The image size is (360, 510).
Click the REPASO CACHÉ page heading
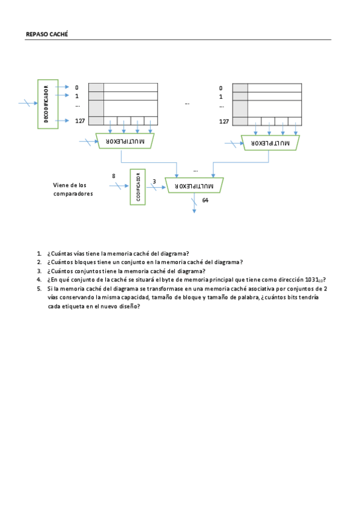[47, 34]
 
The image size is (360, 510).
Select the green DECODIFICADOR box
[47, 103]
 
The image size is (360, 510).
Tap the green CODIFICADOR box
[138, 187]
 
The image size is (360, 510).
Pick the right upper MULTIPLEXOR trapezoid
[270, 143]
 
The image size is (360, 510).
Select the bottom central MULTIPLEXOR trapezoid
[194, 186]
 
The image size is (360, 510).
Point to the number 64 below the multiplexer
[206, 200]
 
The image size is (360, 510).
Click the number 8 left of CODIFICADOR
[114, 176]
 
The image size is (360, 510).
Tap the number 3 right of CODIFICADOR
[154, 181]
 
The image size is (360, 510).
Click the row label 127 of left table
[80, 121]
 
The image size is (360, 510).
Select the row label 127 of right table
[224, 121]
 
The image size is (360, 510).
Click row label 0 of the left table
[77, 88]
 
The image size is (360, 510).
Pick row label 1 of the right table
[221, 96]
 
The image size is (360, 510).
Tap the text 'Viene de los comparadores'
[73, 189]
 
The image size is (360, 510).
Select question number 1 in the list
[39, 254]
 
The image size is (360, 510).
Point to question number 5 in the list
[39, 289]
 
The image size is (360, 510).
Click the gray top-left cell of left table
[96, 87]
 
